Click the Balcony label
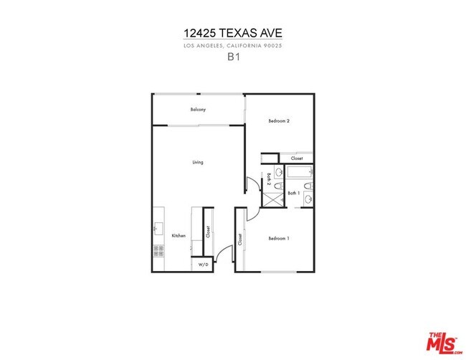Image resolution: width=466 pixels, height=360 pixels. tap(198, 110)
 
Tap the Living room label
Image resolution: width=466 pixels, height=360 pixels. tap(198, 162)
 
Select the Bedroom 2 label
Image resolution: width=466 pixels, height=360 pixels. tap(279, 121)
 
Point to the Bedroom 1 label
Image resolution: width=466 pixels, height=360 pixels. tap(279, 238)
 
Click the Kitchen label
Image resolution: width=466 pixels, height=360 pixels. tap(179, 235)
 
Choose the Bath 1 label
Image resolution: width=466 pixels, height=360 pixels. tap(293, 193)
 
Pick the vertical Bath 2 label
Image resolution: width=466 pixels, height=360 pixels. tap(269, 179)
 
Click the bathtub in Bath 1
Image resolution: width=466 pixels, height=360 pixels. tap(300, 173)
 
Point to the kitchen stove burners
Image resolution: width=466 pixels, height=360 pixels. tap(158, 251)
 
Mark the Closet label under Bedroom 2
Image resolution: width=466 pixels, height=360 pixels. tap(296, 158)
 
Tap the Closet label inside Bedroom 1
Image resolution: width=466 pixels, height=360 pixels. tap(240, 240)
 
